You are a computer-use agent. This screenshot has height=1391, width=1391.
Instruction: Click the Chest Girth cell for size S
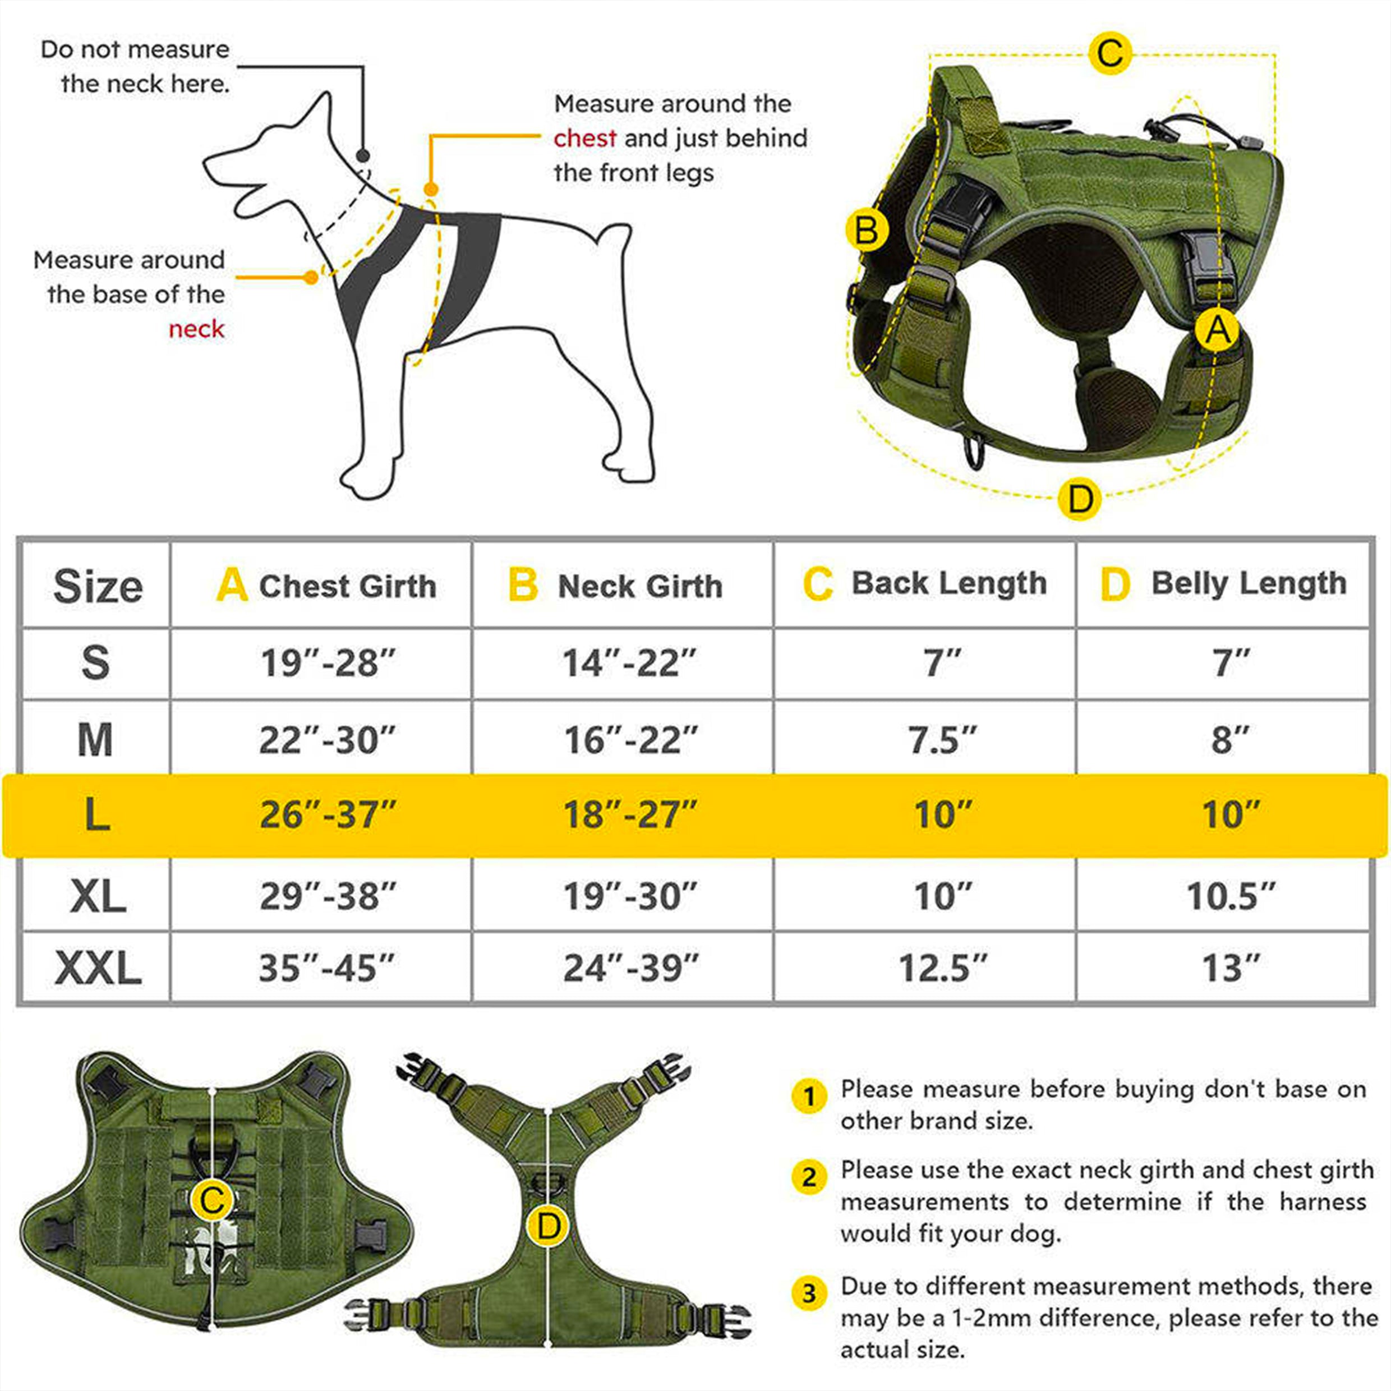click(x=328, y=662)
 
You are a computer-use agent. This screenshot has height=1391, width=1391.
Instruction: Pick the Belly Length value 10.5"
click(x=1231, y=896)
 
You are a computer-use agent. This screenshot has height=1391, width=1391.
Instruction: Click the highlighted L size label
click(x=96, y=815)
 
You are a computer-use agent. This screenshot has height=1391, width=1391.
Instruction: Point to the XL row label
click(x=98, y=896)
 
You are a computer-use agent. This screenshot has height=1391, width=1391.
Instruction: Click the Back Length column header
click(x=925, y=583)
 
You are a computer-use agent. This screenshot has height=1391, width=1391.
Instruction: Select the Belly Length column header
click(x=1223, y=583)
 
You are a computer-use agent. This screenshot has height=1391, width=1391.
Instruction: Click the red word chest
click(x=584, y=137)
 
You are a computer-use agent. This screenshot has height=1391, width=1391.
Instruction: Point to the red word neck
click(x=196, y=329)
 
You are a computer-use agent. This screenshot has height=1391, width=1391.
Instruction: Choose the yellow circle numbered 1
click(x=809, y=1097)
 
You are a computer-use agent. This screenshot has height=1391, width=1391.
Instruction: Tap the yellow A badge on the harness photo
click(x=1217, y=330)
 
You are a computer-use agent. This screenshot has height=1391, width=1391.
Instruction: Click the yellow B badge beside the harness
click(x=866, y=231)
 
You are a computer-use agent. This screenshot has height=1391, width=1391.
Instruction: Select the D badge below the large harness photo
click(x=1080, y=498)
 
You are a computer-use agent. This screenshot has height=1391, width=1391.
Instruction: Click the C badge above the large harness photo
click(x=1109, y=53)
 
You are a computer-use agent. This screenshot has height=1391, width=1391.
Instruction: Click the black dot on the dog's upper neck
click(x=363, y=155)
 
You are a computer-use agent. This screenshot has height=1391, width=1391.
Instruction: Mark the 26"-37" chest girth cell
click(x=328, y=815)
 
